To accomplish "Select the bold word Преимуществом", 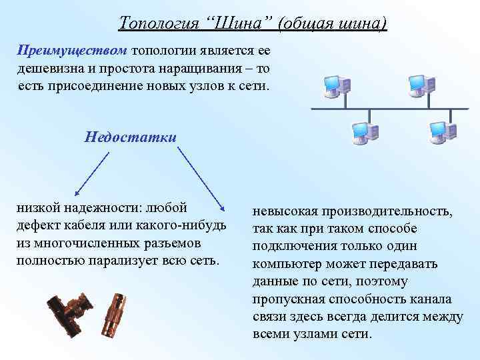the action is pyautogui.click(x=73, y=51).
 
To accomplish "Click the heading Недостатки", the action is pyautogui.click(x=131, y=137).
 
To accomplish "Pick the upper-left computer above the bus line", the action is pyautogui.click(x=333, y=85).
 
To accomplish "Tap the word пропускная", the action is pyautogui.click(x=284, y=299).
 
